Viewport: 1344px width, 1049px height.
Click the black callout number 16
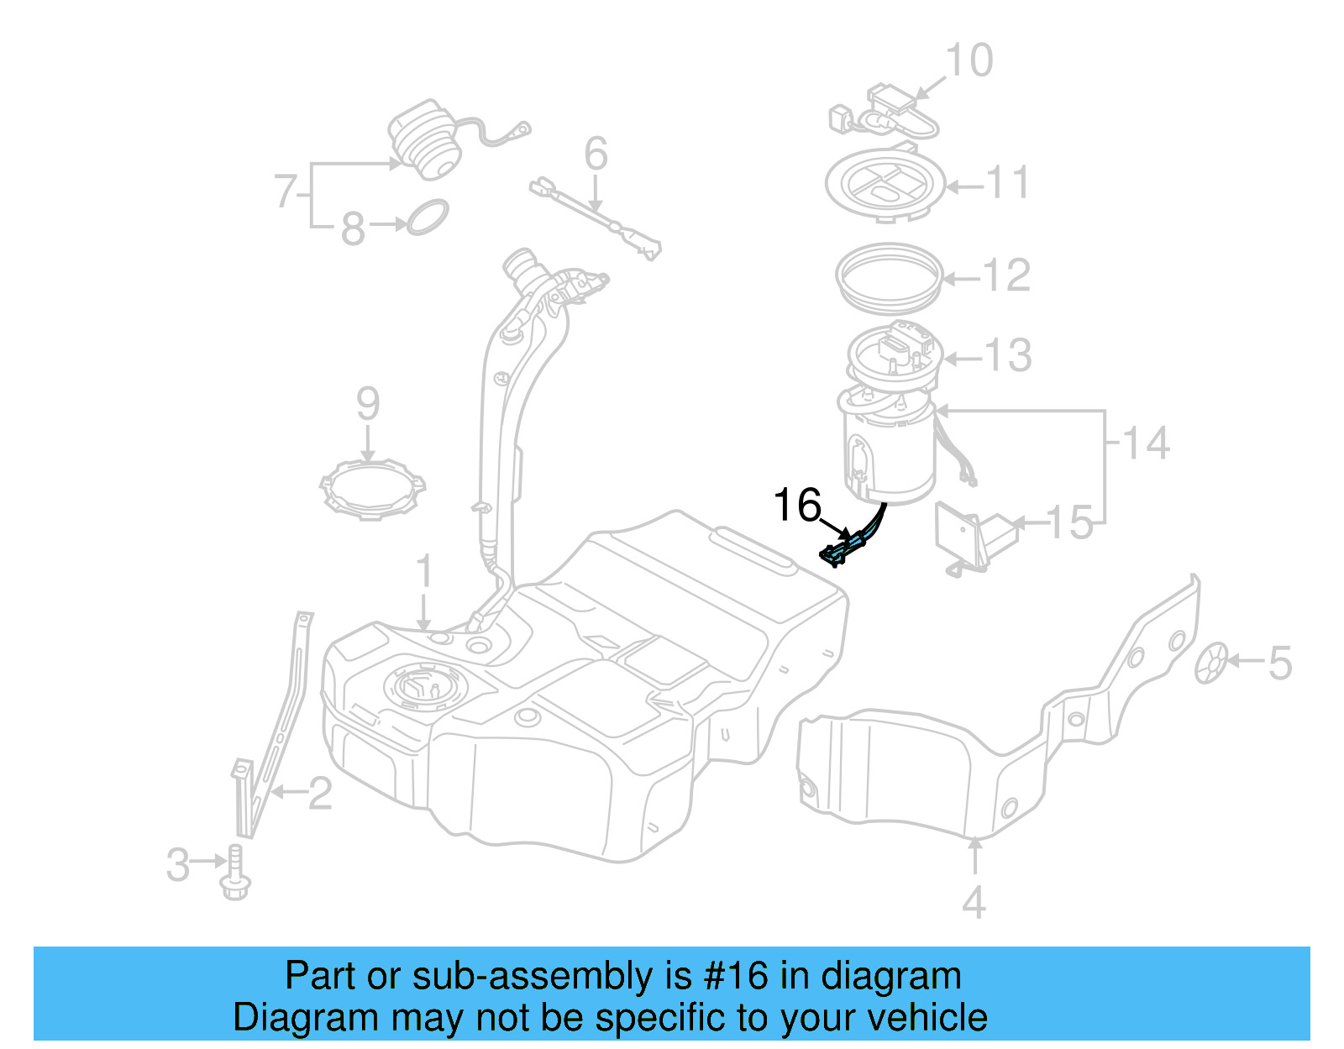[796, 506]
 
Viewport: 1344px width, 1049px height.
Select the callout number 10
[969, 60]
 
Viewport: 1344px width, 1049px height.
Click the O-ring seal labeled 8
[428, 217]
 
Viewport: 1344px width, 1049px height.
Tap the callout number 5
[1278, 663]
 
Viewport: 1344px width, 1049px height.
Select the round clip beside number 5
[1211, 663]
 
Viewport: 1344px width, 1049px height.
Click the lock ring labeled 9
[372, 490]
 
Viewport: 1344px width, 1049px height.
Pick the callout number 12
[1005, 275]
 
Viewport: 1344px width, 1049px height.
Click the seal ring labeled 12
[890, 276]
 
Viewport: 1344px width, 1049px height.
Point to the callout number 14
[1146, 443]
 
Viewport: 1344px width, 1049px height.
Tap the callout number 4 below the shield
[973, 903]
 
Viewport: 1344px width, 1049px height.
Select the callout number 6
[596, 155]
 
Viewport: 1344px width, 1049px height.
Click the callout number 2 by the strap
[319, 794]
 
